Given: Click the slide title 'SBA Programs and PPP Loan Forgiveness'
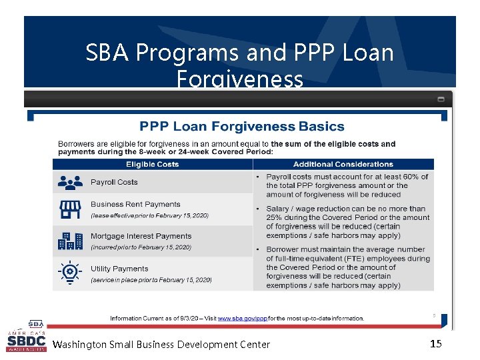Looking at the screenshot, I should (x=239, y=65).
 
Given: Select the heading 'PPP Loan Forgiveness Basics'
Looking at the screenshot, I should (x=241, y=126).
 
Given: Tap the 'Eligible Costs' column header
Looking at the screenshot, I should (x=153, y=164).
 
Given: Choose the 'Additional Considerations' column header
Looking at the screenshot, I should (x=343, y=164).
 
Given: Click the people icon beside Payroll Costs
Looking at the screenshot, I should (x=70, y=182).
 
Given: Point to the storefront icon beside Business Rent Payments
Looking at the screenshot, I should (x=70, y=209).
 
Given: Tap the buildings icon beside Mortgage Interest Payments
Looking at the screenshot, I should (x=70, y=241).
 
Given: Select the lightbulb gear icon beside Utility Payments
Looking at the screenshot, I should (x=70, y=273).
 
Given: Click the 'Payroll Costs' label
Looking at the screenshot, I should (x=114, y=182).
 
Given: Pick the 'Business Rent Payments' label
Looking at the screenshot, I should (x=135, y=204).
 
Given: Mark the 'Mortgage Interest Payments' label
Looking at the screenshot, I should (x=141, y=236).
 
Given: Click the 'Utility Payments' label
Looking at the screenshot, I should (x=119, y=269).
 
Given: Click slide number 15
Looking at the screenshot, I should (x=436, y=344).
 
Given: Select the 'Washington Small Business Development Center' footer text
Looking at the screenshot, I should (x=161, y=345).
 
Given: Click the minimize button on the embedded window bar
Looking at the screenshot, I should (x=441, y=99).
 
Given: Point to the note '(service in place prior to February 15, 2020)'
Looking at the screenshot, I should (x=150, y=280).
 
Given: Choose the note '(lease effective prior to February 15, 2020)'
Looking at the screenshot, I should (x=149, y=215).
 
